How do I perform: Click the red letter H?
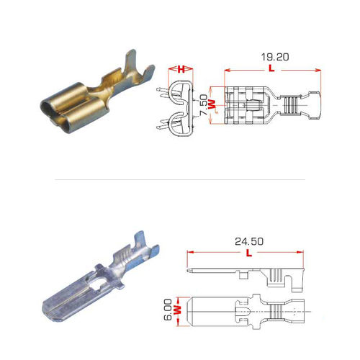pos(182,70)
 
